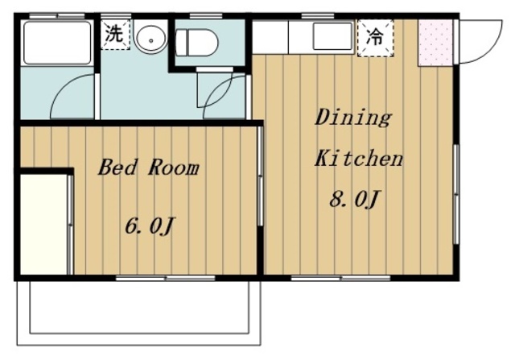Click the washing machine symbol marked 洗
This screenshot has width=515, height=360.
[115, 35]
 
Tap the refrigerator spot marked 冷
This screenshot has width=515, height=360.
[376, 38]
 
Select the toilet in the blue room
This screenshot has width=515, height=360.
[197, 43]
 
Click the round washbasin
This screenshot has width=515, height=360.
[151, 39]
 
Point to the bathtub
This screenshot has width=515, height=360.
[57, 43]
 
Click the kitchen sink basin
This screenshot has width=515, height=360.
[332, 36]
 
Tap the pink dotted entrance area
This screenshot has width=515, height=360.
[435, 43]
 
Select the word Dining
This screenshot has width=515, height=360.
[353, 118]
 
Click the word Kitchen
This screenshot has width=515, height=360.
[359, 158]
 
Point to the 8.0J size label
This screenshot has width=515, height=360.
[354, 199]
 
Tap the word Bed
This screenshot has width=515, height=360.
[117, 167]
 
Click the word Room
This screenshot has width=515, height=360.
[174, 168]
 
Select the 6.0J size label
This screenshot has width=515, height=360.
[149, 226]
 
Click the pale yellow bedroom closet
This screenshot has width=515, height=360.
[44, 225]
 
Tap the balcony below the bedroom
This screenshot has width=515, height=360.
[139, 312]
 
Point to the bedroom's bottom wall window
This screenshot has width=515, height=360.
[166, 278]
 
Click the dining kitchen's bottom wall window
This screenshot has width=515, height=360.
[340, 278]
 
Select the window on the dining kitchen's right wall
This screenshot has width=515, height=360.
[456, 194]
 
